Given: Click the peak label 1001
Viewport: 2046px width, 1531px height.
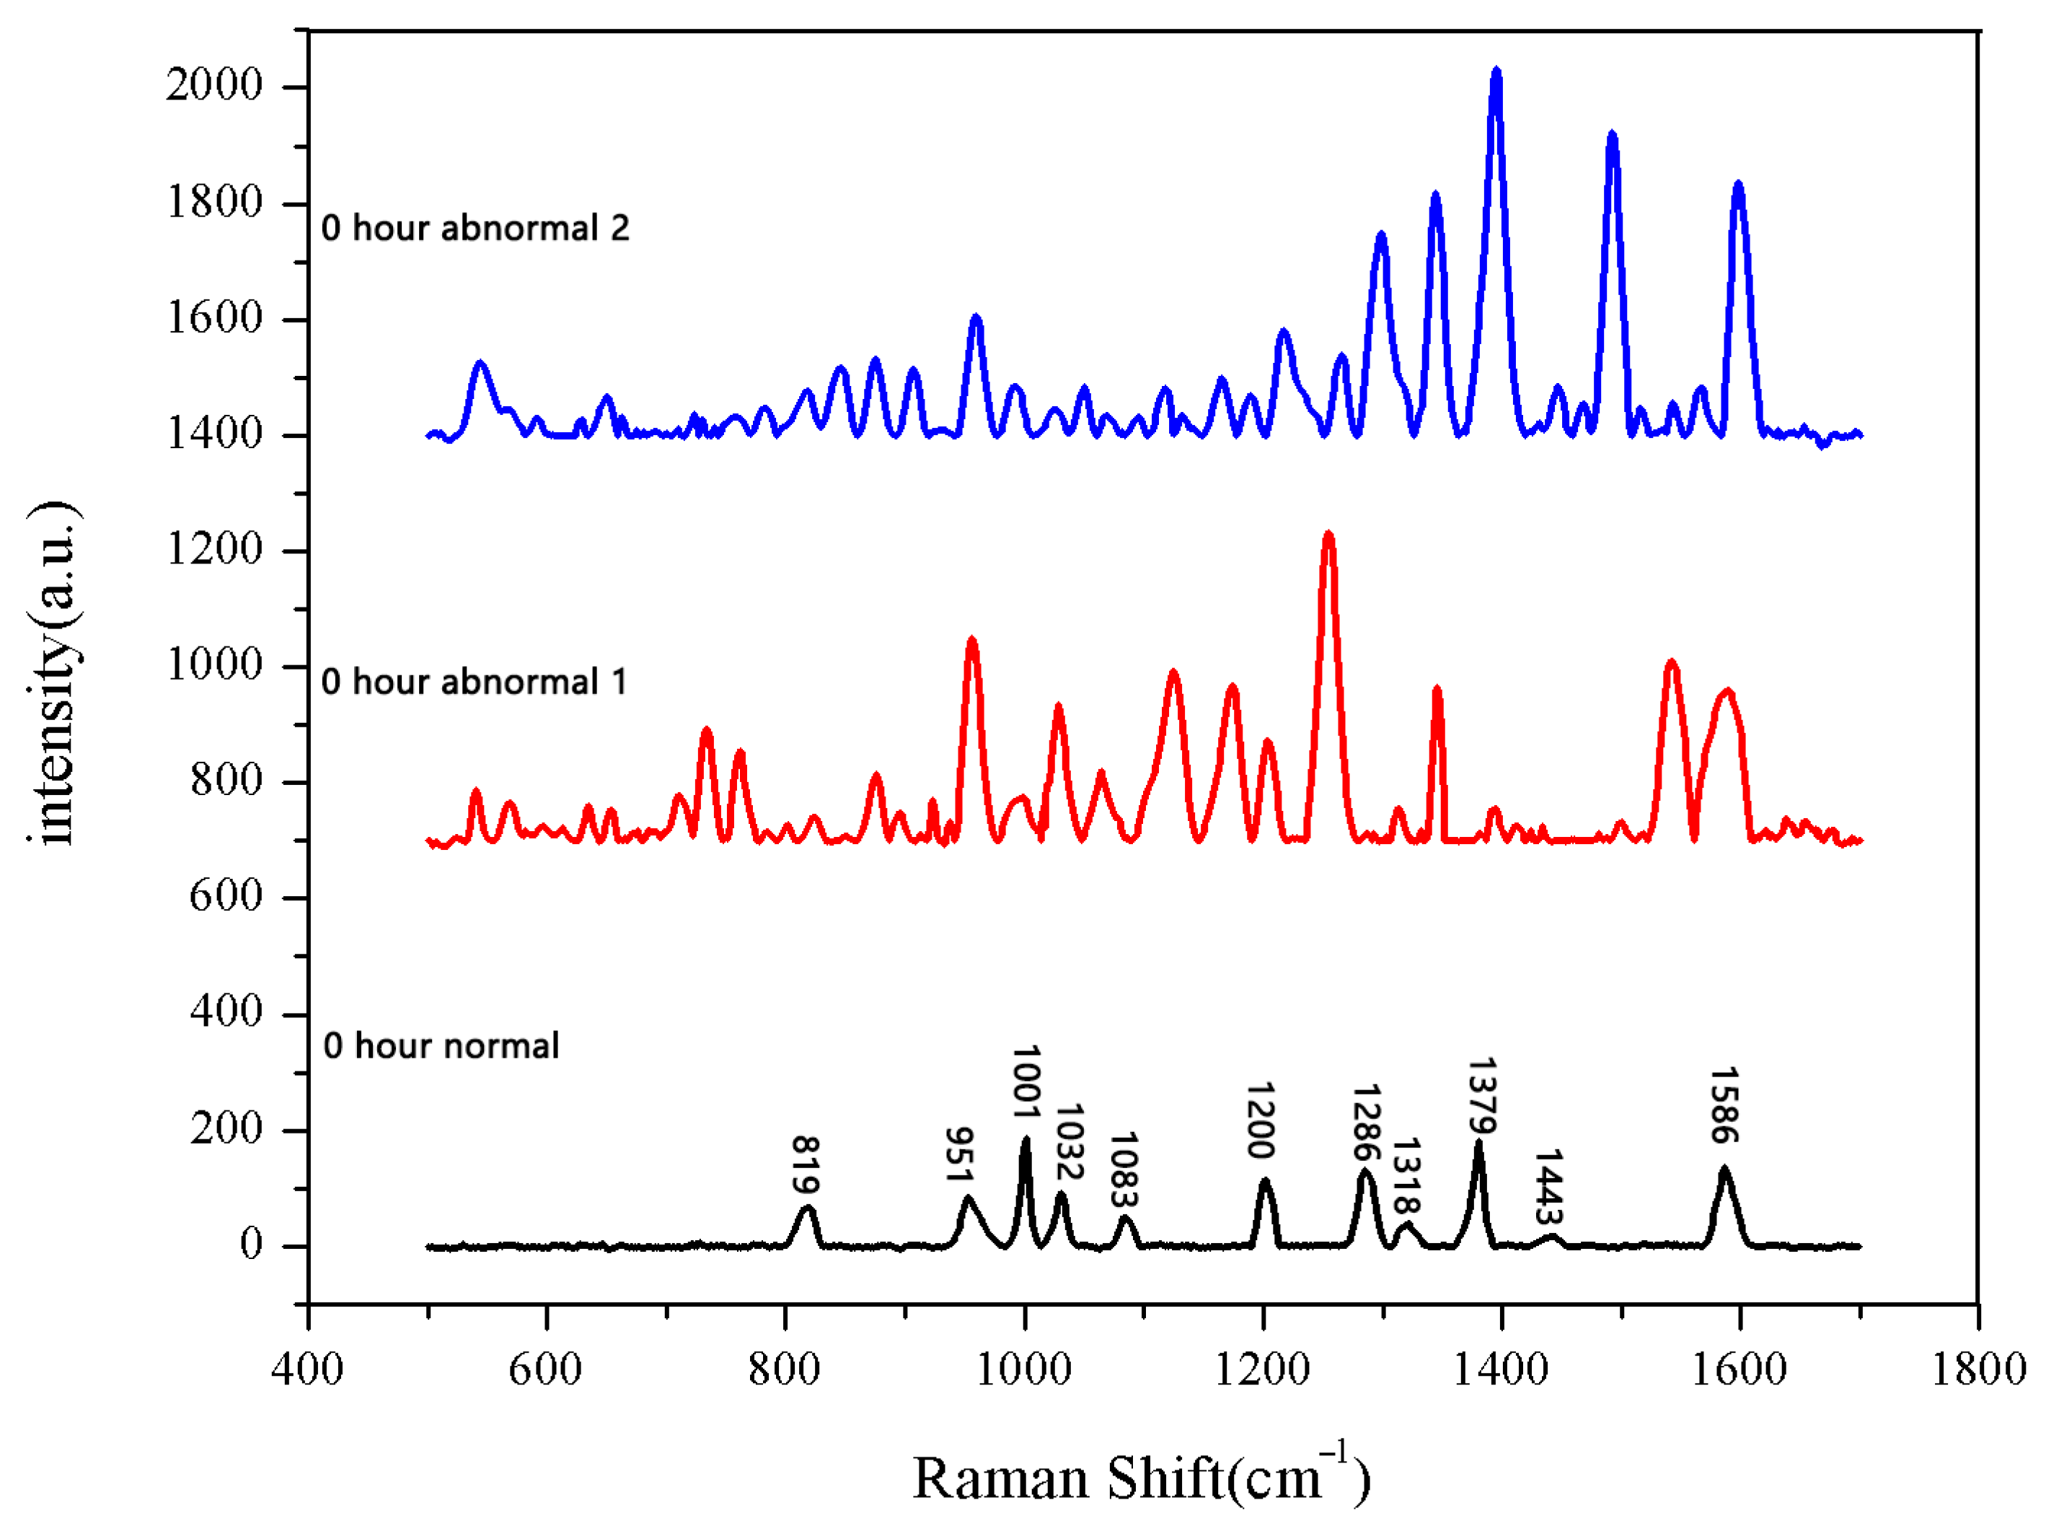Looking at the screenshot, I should [1026, 1082].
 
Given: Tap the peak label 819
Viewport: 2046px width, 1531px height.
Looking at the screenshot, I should [806, 1164].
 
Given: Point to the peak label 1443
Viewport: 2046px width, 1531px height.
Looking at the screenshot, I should [1548, 1187].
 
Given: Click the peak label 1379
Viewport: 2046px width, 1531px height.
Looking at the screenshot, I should [1482, 1095].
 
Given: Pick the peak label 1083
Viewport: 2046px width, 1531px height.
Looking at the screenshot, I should [1123, 1170].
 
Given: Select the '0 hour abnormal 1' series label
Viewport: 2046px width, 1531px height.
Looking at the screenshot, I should [475, 683].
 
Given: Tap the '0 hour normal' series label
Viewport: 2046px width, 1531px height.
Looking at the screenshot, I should [441, 1046].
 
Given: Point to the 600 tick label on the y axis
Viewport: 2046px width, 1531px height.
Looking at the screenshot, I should [226, 895].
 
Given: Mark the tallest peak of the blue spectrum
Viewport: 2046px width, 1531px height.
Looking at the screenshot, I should [1496, 72].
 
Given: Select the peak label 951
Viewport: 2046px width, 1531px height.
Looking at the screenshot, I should [959, 1154].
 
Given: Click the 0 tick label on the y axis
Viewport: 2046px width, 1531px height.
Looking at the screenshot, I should [251, 1245].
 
